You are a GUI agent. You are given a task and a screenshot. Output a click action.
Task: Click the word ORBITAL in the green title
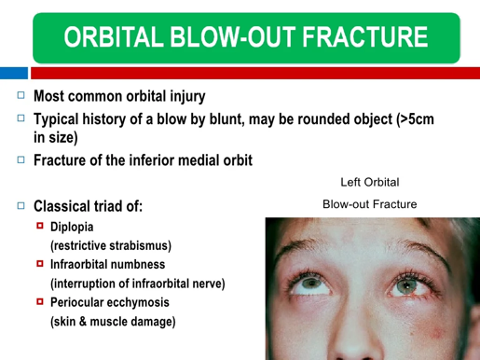tap(114, 37)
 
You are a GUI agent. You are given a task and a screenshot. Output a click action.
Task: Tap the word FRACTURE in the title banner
tap(364, 37)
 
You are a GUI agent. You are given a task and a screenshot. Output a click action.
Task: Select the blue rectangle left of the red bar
tap(14, 73)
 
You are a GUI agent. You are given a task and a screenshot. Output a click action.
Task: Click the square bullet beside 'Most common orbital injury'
tap(21, 95)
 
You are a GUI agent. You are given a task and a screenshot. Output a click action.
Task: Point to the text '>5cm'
tap(418, 119)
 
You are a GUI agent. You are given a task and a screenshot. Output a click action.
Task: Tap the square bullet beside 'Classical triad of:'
tap(21, 205)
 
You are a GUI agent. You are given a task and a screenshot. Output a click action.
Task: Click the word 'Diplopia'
tap(72, 227)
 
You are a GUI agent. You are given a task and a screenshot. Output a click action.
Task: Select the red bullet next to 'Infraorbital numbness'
tap(40, 264)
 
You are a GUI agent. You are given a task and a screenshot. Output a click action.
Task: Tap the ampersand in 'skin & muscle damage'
tap(83, 322)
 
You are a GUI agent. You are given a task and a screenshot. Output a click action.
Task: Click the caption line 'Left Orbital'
tap(370, 182)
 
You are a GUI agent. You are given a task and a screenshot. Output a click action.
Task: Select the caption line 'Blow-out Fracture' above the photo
tap(370, 204)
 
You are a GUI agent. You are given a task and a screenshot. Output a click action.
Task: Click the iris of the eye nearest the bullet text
tap(310, 284)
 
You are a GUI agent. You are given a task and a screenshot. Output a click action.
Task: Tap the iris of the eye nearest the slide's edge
tap(407, 285)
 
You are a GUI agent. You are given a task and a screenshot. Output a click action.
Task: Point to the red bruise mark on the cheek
tap(437, 333)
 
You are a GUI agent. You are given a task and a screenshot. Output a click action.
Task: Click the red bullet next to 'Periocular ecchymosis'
tap(40, 301)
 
